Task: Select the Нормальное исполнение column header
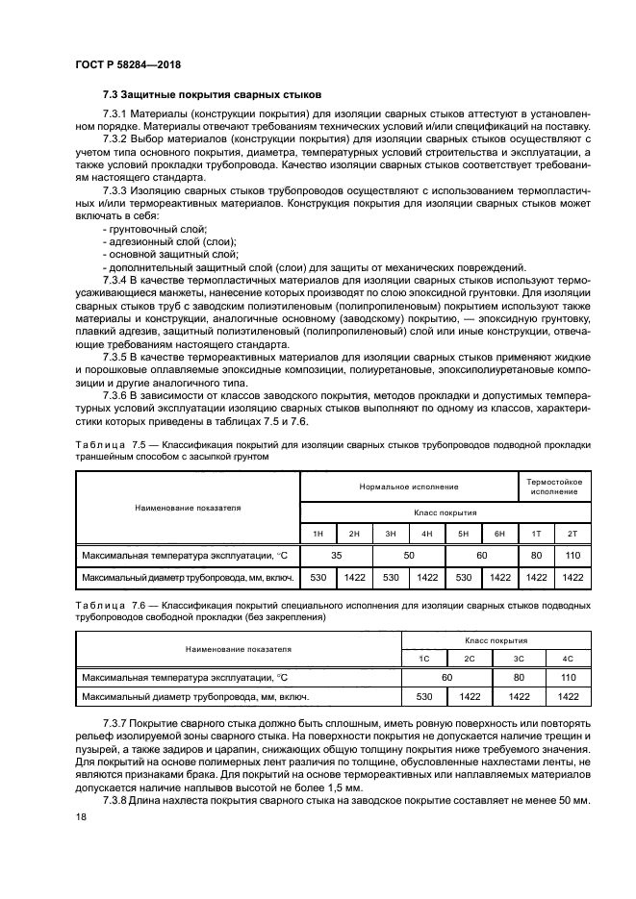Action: click(x=409, y=487)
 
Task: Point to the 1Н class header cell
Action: click(x=318, y=533)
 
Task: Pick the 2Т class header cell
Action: click(x=572, y=533)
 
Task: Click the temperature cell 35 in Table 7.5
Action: click(x=336, y=556)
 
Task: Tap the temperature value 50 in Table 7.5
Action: click(x=409, y=556)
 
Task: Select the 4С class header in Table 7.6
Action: click(x=567, y=658)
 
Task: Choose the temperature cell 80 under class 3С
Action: click(x=519, y=678)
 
